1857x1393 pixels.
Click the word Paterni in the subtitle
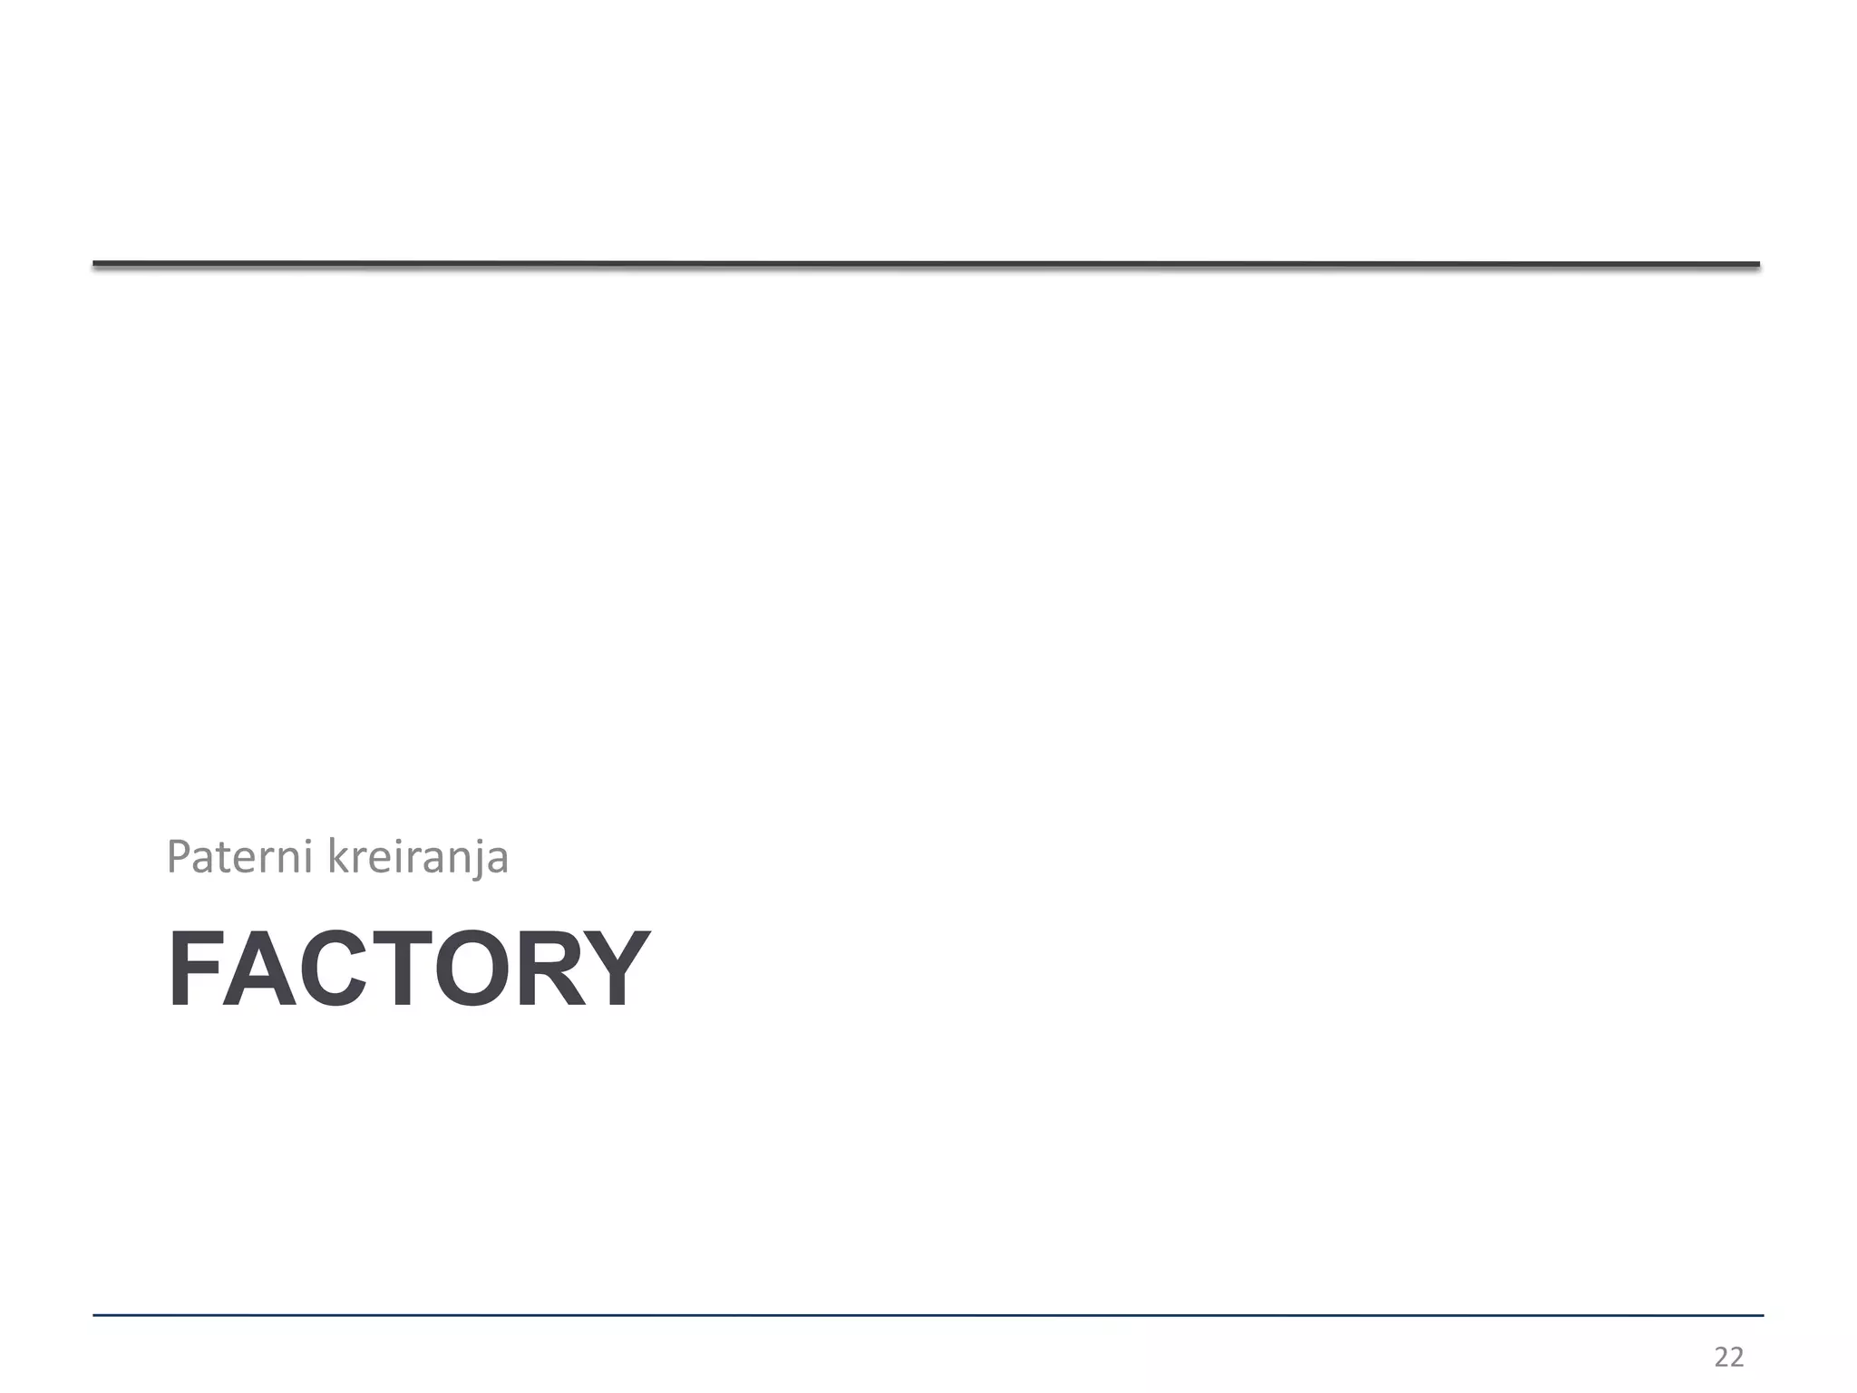click(x=240, y=857)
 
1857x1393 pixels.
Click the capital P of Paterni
click(x=179, y=856)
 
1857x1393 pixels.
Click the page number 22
click(x=1729, y=1357)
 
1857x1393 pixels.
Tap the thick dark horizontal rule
click(x=925, y=264)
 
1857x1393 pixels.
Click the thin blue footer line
click(x=925, y=1315)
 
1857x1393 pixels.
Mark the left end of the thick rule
click(x=96, y=264)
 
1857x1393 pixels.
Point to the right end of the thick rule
click(x=1756, y=264)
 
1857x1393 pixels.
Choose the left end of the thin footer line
click(x=95, y=1315)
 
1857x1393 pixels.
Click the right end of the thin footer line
click(x=1761, y=1315)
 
